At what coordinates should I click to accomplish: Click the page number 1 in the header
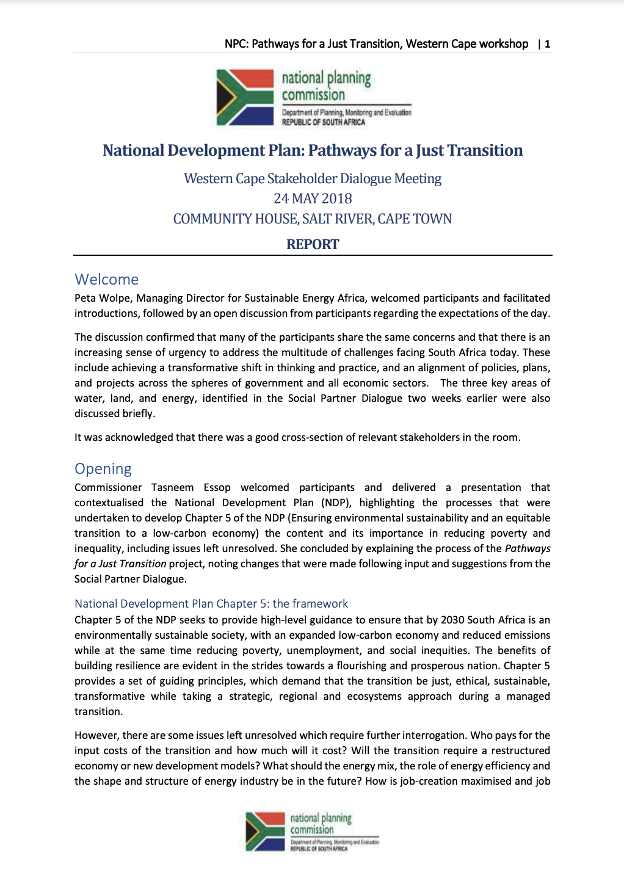click(548, 44)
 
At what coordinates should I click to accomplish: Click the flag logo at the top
click(245, 98)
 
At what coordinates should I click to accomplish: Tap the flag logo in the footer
click(265, 830)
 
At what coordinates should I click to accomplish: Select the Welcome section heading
click(107, 280)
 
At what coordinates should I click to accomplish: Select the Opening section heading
click(103, 469)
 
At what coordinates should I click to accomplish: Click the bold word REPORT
click(313, 244)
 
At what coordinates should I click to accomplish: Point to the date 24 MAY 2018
click(313, 198)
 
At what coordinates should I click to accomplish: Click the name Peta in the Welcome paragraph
click(85, 298)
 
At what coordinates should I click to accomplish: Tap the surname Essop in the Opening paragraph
click(217, 487)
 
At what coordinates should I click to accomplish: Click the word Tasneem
click(173, 487)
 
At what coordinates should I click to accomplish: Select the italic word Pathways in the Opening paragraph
click(528, 548)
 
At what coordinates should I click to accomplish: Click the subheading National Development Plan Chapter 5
click(211, 604)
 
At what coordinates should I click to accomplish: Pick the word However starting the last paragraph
click(96, 735)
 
